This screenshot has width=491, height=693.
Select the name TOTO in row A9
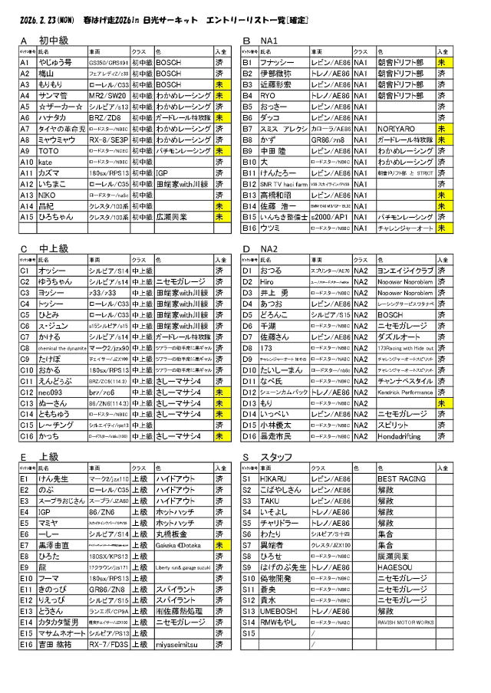click(49, 152)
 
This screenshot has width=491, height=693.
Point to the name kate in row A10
click(45, 163)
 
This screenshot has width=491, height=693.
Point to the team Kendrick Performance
click(404, 392)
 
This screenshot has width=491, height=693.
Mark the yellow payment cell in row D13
click(441, 402)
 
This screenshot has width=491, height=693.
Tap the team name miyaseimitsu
click(176, 645)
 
